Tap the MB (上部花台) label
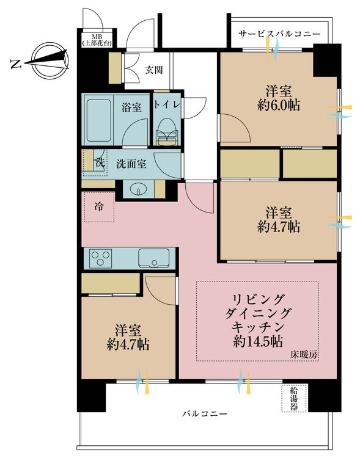coord(97,40)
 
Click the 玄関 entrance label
coord(154,70)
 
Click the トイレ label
coord(166,105)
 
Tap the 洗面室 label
coord(131,164)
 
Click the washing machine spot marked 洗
coord(95,163)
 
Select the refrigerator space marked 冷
coord(99,207)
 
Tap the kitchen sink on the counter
coord(153,258)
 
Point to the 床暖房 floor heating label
coord(303,355)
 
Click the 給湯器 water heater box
coord(294,398)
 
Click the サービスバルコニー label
coord(279,34)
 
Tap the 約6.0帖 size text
coord(279,106)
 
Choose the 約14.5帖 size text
coord(258,341)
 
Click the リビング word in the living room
coord(258,299)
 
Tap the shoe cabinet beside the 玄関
coord(116,68)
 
